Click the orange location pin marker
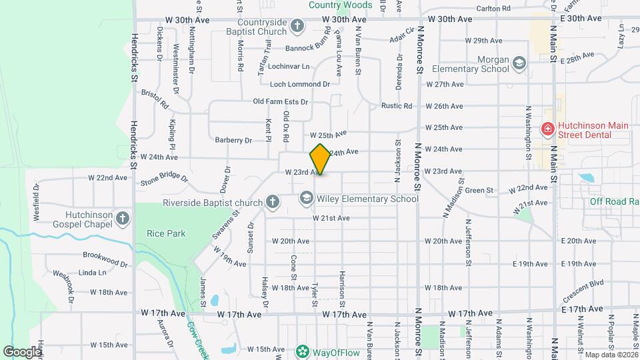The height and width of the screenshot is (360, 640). coord(320,159)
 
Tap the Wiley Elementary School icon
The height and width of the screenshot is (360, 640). coord(306,198)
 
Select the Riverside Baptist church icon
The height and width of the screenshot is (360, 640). coord(272,201)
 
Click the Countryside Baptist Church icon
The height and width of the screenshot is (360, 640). coord(297,26)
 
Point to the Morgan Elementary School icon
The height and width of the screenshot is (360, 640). coord(519,63)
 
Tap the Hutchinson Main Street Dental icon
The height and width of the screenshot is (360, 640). coord(547,129)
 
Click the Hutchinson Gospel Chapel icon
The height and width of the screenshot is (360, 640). coord(122,218)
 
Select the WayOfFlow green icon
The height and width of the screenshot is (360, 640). coord(302,351)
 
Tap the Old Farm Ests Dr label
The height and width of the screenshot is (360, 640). coord(280,102)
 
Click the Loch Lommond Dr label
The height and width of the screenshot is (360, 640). coord(300,84)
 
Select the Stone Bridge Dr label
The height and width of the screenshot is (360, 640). coord(164,179)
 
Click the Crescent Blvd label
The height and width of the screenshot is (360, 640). coord(583,289)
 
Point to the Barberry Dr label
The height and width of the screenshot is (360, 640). coord(233,140)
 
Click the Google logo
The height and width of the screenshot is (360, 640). coord(22,351)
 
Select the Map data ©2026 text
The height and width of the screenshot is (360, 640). coord(610,355)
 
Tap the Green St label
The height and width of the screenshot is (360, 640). coord(479,191)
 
